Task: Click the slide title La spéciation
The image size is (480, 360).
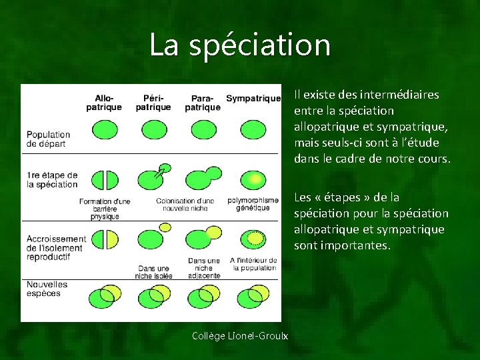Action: pyautogui.click(x=240, y=45)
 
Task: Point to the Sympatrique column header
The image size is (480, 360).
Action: pyautogui.click(x=253, y=99)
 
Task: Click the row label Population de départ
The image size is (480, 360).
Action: pyautogui.click(x=49, y=139)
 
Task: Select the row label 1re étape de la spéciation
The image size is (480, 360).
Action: pyautogui.click(x=52, y=179)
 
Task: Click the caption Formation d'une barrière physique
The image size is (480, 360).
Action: pyautogui.click(x=105, y=208)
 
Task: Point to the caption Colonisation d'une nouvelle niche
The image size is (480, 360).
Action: pyautogui.click(x=185, y=204)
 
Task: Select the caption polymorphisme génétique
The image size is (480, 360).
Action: pyautogui.click(x=253, y=204)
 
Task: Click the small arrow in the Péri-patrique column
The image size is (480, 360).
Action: pyautogui.click(x=159, y=172)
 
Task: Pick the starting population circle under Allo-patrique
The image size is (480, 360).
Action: pyautogui.click(x=104, y=128)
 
